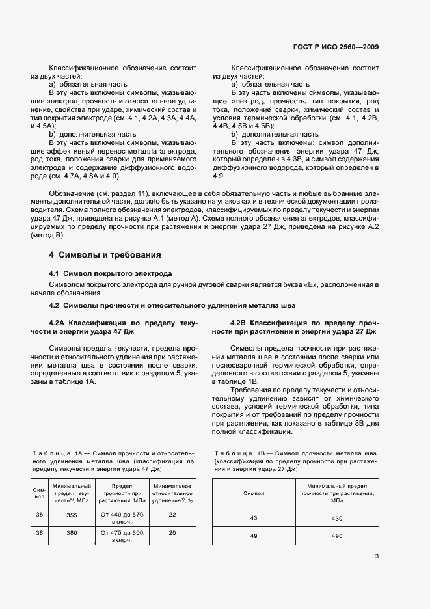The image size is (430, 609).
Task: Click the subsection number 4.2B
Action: (x=239, y=323)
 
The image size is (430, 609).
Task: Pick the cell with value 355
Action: (x=72, y=515)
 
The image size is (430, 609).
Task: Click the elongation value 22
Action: (x=172, y=515)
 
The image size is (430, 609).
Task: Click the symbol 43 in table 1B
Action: (x=254, y=519)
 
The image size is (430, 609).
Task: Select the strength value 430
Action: (x=336, y=519)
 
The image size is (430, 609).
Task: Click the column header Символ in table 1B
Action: (x=254, y=494)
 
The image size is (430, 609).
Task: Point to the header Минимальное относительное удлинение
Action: (x=172, y=493)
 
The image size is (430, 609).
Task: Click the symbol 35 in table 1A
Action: (x=39, y=515)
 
